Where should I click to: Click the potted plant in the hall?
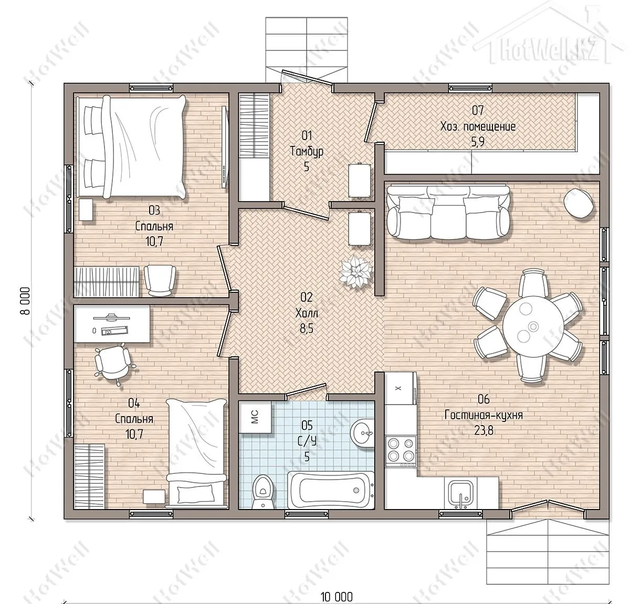click(355, 270)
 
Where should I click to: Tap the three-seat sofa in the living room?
click(448, 212)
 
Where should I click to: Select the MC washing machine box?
click(255, 417)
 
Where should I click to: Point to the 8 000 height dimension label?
click(26, 301)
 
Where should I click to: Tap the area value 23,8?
click(484, 431)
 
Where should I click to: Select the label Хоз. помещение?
click(478, 126)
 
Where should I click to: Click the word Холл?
click(307, 313)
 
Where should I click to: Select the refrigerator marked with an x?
click(401, 388)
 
